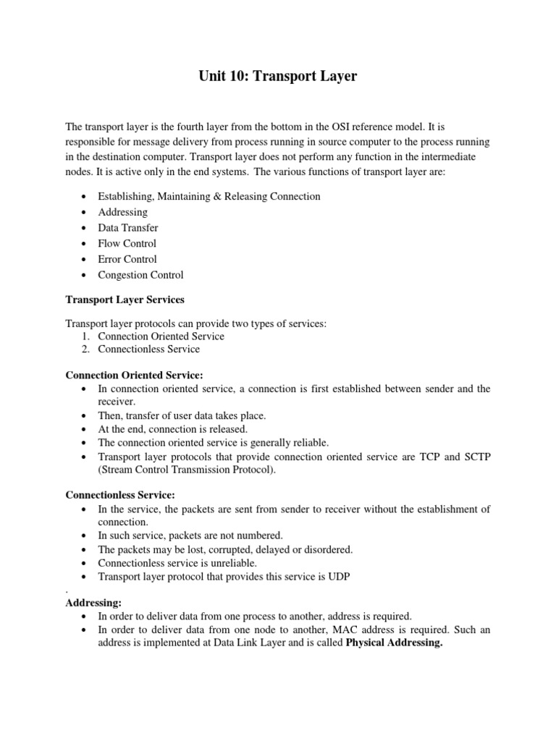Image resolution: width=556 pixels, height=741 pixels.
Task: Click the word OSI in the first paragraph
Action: [357, 127]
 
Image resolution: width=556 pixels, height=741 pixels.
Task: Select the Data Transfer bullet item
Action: [127, 228]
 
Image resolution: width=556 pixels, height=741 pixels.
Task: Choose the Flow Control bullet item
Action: [127, 244]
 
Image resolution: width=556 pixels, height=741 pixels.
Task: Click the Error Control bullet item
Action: [127, 259]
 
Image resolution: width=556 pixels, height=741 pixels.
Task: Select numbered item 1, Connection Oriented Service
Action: [161, 336]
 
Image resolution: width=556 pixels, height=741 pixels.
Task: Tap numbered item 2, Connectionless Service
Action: [148, 349]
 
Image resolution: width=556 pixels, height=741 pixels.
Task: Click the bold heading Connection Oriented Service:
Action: [135, 375]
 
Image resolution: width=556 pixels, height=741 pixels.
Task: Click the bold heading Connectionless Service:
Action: [120, 496]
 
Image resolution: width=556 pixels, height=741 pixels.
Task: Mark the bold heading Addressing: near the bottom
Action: [93, 602]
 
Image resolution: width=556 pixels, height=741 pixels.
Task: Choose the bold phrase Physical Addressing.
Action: [395, 643]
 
